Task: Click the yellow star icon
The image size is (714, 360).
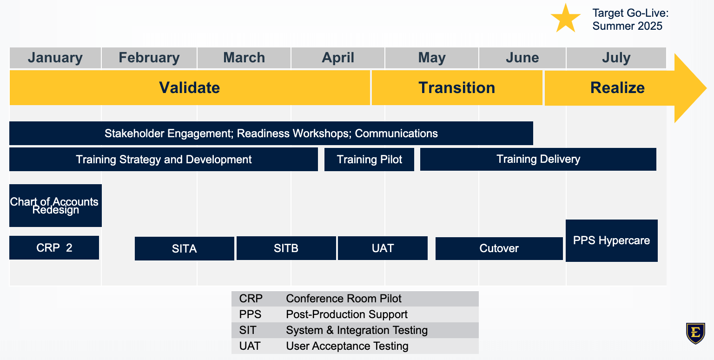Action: (x=566, y=19)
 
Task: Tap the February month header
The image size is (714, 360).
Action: (x=149, y=58)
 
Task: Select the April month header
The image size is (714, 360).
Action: (x=338, y=58)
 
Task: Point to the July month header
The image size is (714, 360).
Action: (x=616, y=58)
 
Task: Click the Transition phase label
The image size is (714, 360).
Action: (x=457, y=88)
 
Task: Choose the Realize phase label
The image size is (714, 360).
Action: (x=617, y=88)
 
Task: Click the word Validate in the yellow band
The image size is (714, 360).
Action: (x=189, y=88)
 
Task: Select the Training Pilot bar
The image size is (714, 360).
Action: (x=369, y=160)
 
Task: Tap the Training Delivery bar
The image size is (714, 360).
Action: (x=538, y=159)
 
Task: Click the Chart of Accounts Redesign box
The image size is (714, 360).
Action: (x=55, y=206)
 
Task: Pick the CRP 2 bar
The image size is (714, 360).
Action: (x=54, y=248)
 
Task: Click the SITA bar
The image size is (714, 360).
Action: (x=184, y=248)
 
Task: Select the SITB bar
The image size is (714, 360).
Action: (x=286, y=248)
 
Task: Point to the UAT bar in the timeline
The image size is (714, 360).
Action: (x=383, y=248)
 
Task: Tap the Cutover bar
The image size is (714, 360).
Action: (x=499, y=248)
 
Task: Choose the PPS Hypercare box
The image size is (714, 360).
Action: (x=611, y=241)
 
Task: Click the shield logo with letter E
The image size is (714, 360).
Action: (x=695, y=333)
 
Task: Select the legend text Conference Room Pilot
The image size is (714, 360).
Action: (x=344, y=299)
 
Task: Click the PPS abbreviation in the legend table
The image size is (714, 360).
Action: (x=250, y=314)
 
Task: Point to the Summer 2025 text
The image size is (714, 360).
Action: (x=627, y=26)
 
